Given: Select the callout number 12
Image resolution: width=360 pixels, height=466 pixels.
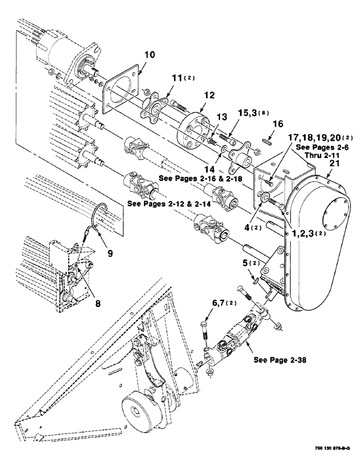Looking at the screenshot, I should [x=209, y=96].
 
